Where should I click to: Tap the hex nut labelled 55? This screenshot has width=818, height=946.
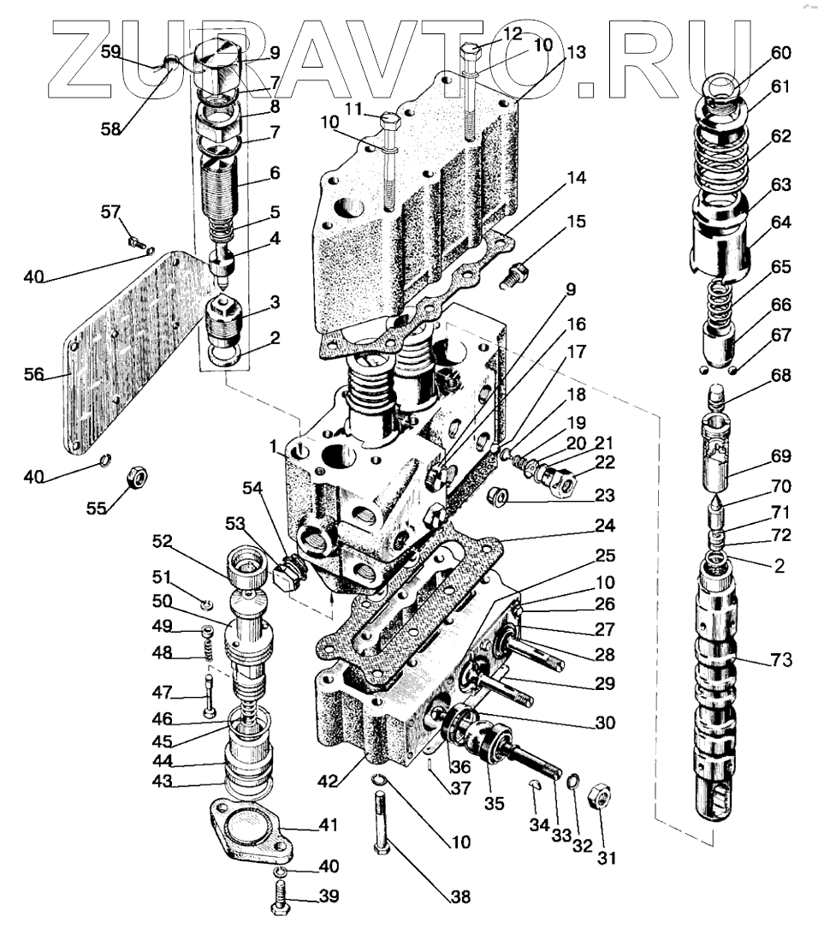[x=136, y=477]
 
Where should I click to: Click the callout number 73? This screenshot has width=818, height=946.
[x=782, y=660]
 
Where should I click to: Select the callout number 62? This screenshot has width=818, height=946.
[x=780, y=136]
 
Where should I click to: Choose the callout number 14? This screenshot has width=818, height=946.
[x=576, y=179]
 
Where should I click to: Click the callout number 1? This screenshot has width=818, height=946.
[x=271, y=446]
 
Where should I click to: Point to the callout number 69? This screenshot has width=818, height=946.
[x=780, y=456]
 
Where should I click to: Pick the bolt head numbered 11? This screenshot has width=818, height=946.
[x=388, y=121]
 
